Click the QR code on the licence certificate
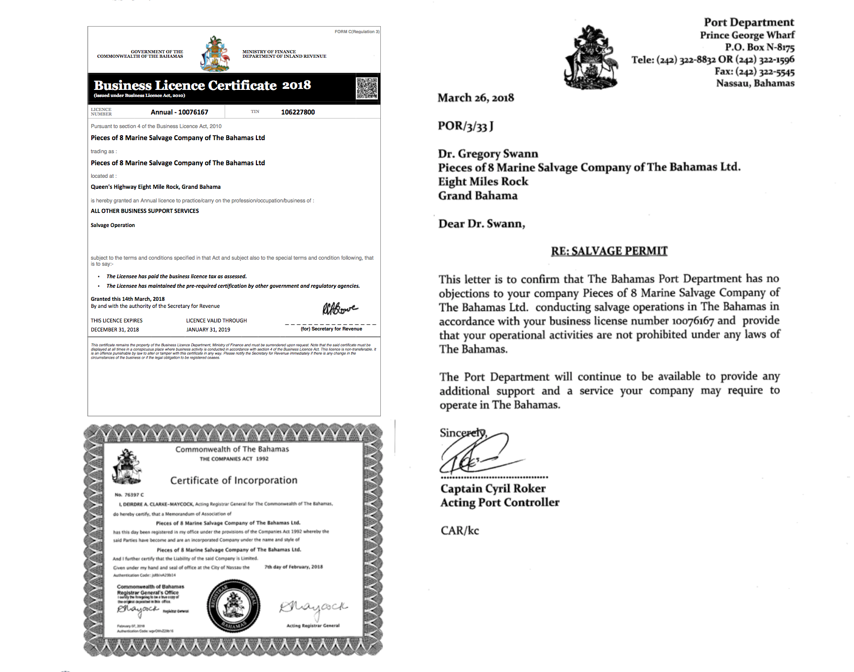pos(367,88)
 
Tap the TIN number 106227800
pos(298,112)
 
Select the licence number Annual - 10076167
pos(179,112)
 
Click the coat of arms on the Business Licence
pos(215,54)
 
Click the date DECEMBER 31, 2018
pos(115,330)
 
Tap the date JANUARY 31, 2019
pos(208,330)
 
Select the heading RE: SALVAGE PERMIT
pos(609,251)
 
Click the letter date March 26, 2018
pos(476,98)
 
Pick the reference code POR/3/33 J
pos(466,126)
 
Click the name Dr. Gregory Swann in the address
pos(488,154)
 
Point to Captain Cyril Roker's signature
pos(477,455)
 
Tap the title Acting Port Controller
pos(500,503)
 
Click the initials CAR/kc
pos(460,531)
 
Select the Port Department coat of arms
pos(591,58)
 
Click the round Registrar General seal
pos(233,606)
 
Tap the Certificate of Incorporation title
pos(234,481)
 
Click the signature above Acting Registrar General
pos(313,609)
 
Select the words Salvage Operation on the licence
pos(113,226)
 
